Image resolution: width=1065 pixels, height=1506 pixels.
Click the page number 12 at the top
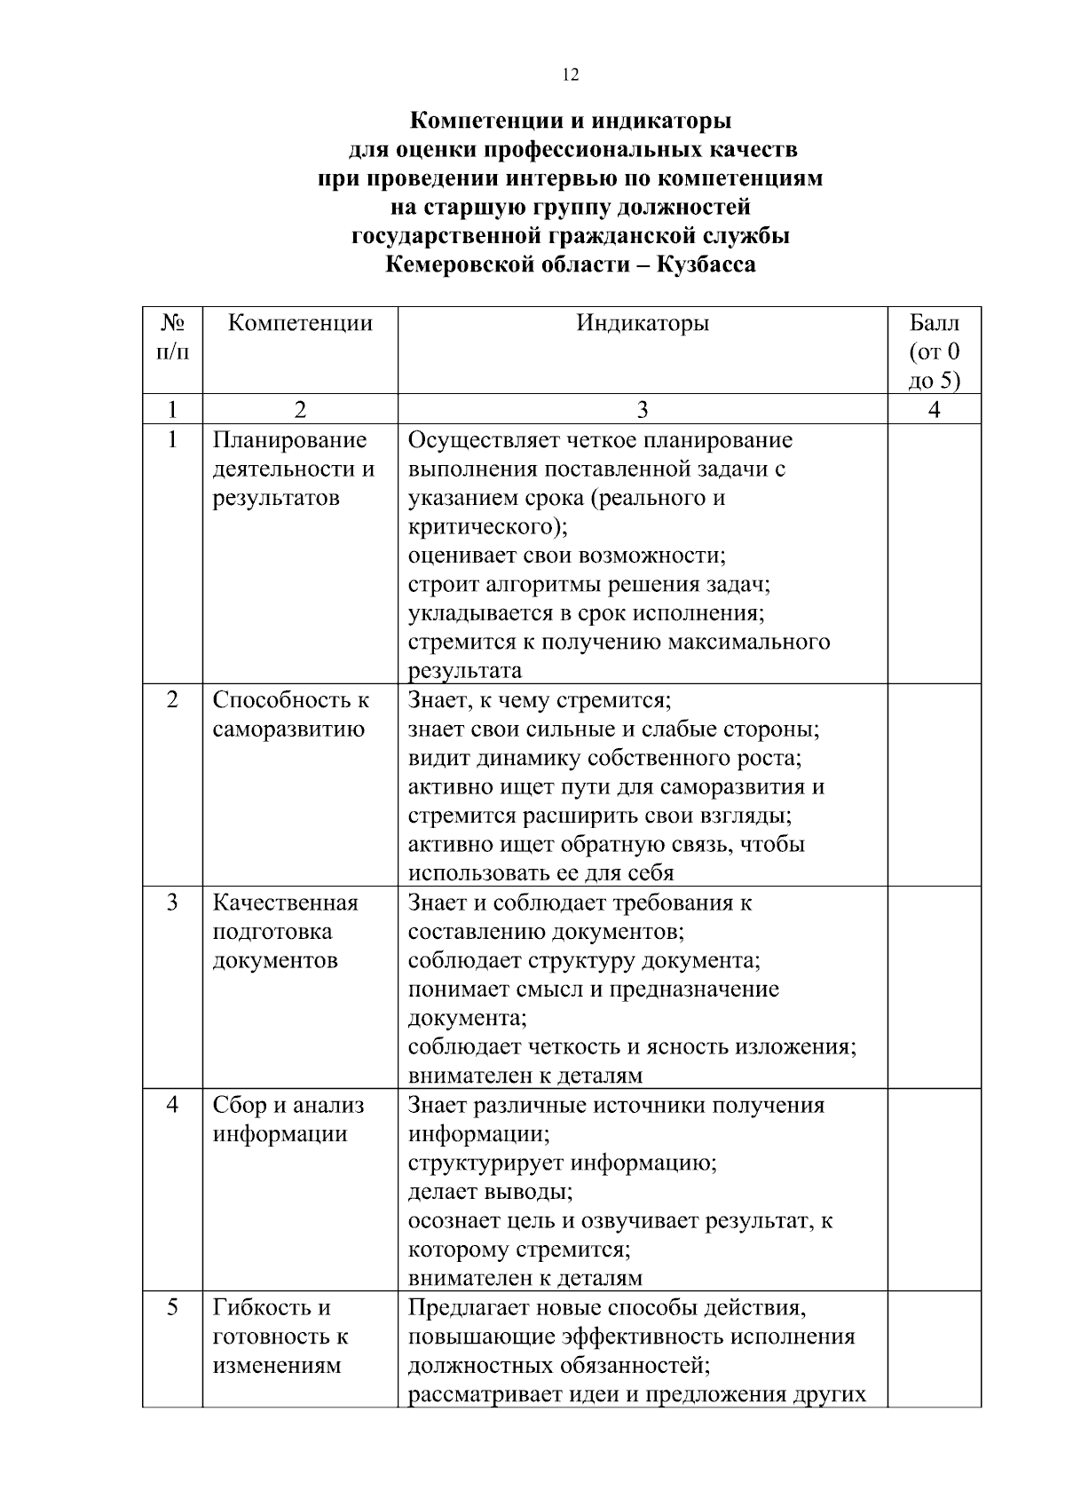[x=571, y=75]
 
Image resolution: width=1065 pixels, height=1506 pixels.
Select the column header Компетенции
[x=300, y=323]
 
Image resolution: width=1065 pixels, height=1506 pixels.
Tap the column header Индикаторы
[x=643, y=323]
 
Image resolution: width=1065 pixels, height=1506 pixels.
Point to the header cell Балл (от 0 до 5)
[x=934, y=351]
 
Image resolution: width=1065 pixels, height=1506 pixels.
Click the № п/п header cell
[x=172, y=337]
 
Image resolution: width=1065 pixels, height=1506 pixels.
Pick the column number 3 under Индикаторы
[x=643, y=409]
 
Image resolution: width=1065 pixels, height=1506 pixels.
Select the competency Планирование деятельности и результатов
[x=293, y=469]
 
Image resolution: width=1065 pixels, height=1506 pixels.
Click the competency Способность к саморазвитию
[x=290, y=714]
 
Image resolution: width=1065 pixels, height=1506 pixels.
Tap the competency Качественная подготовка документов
[x=285, y=931]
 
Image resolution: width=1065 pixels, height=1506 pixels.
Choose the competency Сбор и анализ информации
[x=288, y=1119]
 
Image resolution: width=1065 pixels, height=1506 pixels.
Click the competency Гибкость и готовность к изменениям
[x=280, y=1336]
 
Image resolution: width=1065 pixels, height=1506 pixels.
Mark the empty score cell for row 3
[x=934, y=987]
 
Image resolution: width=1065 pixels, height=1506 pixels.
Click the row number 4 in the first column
[x=172, y=1105]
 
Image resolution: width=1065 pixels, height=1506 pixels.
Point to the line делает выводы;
[x=490, y=1191]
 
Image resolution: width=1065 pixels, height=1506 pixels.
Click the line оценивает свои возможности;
[x=567, y=556]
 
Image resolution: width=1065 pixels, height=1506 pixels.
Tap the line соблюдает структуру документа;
[x=584, y=960]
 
